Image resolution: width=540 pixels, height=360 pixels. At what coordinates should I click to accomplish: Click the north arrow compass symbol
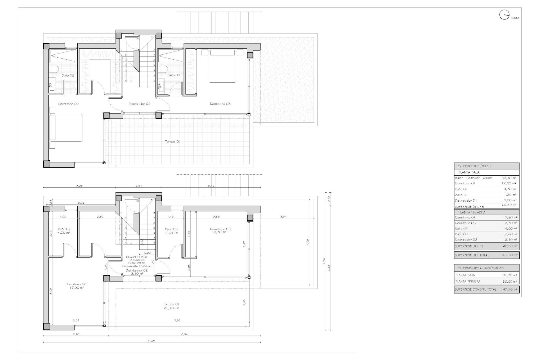point(504,15)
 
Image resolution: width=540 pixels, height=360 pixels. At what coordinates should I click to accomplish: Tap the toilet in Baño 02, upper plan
point(53,69)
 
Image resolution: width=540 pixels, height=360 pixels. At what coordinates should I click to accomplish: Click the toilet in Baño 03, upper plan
point(163,69)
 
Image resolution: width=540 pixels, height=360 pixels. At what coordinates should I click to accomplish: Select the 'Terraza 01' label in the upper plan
point(172,142)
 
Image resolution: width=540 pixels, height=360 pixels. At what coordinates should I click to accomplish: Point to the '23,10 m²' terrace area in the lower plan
point(171,308)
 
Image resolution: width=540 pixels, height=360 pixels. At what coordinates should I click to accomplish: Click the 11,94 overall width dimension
point(151,340)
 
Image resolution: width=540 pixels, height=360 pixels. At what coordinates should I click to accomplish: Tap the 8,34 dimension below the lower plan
point(184,334)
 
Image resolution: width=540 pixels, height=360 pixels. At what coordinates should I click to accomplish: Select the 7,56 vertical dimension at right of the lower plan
point(324,262)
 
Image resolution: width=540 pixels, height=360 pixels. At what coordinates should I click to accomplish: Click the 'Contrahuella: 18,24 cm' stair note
point(137,266)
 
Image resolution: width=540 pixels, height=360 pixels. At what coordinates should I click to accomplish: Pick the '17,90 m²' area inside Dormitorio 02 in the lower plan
point(76,288)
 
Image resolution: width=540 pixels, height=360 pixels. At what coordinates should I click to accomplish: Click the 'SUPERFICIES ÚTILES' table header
point(474,166)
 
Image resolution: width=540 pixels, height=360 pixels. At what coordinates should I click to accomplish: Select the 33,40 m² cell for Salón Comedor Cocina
point(509,178)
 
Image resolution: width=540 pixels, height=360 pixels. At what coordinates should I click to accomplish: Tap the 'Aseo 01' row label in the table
point(461,195)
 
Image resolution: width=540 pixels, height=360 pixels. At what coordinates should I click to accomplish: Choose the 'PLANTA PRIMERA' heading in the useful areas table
point(472,212)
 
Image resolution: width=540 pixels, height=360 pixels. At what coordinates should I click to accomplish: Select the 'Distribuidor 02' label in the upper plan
point(139,104)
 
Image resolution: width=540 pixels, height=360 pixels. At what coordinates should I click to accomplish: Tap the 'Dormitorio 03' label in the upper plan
point(220,104)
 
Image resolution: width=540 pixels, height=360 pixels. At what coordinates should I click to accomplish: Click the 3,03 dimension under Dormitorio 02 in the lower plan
point(76,320)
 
